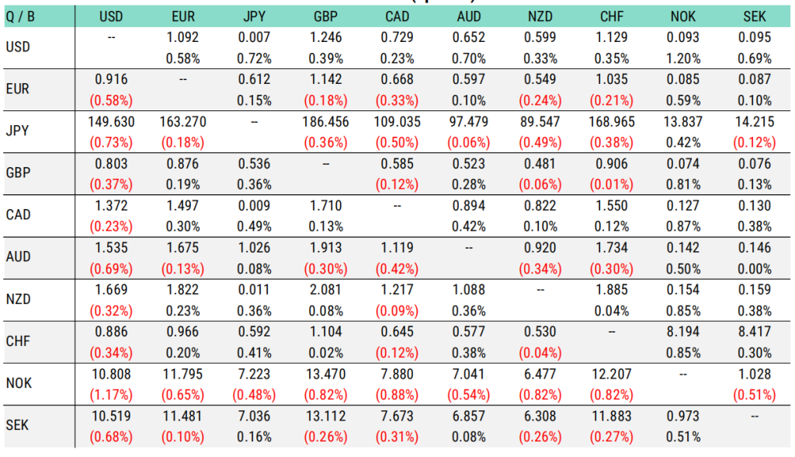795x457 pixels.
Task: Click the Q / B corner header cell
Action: (x=21, y=16)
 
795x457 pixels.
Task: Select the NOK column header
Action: (x=683, y=16)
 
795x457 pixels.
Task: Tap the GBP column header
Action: (x=325, y=16)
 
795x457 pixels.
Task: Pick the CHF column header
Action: (x=612, y=16)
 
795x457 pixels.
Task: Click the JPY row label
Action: (x=17, y=131)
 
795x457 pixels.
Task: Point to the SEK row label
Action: (x=17, y=425)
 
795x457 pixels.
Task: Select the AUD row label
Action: (x=17, y=256)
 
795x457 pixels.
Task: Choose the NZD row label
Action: (x=17, y=298)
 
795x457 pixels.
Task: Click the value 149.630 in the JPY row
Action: (x=111, y=121)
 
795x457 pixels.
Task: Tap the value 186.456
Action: (x=325, y=121)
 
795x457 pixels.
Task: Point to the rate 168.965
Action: (x=612, y=121)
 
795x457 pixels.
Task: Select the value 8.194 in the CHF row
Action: (x=683, y=332)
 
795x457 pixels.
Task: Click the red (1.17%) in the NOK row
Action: (x=111, y=396)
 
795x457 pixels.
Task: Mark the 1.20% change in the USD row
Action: (x=683, y=58)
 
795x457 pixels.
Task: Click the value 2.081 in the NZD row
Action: (x=325, y=290)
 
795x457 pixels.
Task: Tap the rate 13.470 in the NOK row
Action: (x=325, y=375)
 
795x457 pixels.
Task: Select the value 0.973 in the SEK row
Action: (x=683, y=417)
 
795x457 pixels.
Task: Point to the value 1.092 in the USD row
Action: (x=182, y=37)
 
